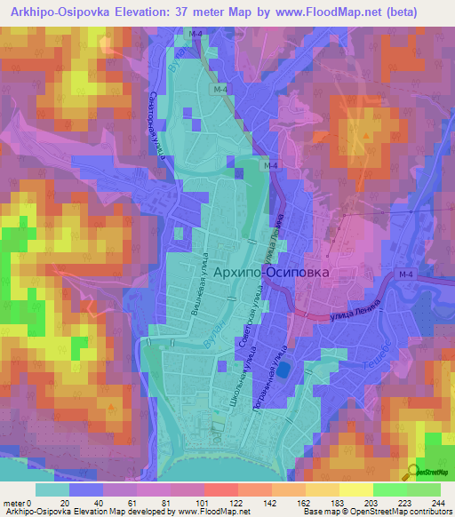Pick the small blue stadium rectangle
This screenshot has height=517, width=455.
tap(283, 369)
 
